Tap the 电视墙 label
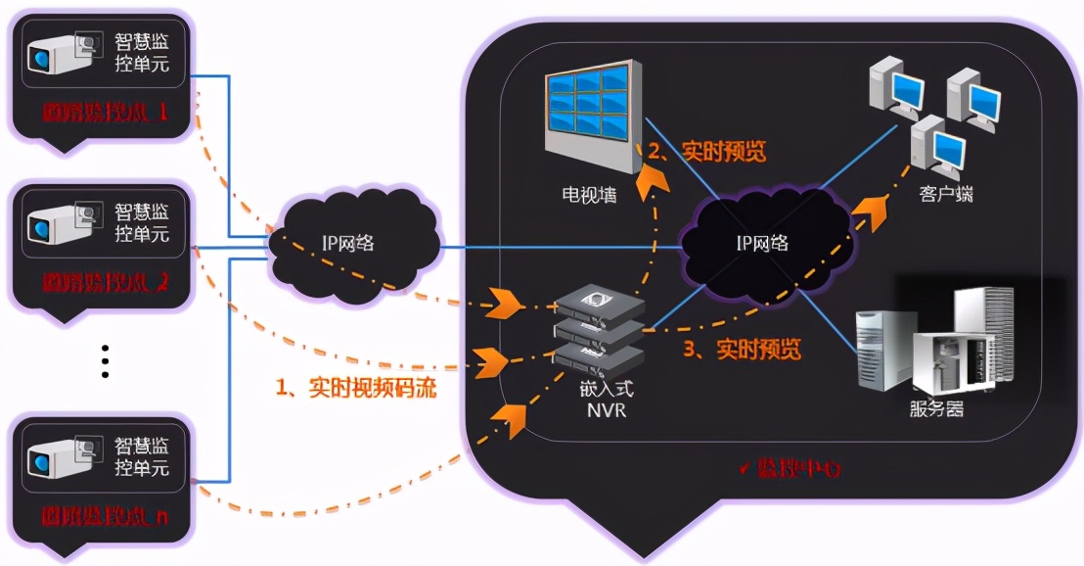click(589, 194)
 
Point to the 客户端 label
click(946, 194)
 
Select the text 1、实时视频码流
click(356, 388)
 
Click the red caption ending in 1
click(106, 113)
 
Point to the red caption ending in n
click(106, 515)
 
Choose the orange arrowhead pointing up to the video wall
click(649, 181)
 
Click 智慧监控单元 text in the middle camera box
click(142, 223)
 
